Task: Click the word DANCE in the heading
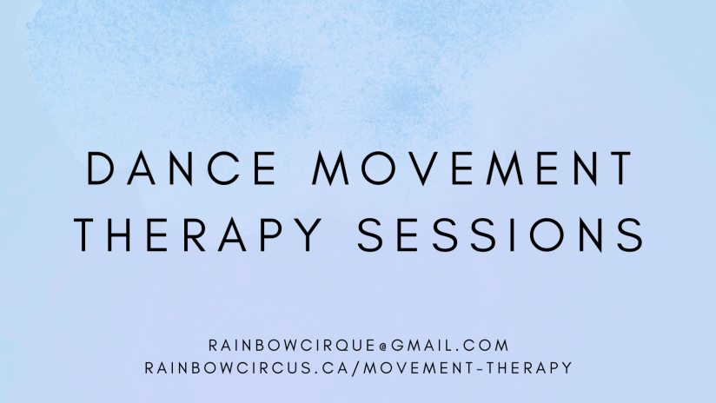182,168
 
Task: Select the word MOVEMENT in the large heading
472,168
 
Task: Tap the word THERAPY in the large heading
198,235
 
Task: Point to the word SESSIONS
501,235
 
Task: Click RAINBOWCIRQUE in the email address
292,346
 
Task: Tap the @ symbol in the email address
382,347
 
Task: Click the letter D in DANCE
100,168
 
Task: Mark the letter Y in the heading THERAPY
308,235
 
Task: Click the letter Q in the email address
331,346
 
